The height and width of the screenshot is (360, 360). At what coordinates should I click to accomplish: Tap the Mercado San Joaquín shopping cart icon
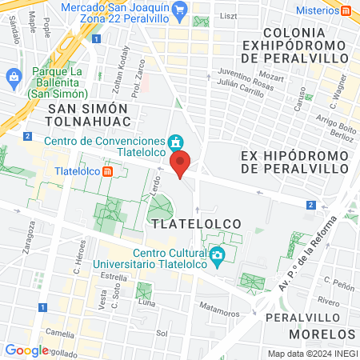[x=181, y=10]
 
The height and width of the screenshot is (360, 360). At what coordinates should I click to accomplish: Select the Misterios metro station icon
[x=346, y=10]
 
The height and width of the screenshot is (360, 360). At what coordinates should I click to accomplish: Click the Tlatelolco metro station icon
[x=119, y=170]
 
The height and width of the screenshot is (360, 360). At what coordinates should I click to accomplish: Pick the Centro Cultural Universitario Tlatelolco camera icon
[x=217, y=257]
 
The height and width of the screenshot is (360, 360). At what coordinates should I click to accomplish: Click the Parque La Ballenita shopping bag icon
[x=13, y=77]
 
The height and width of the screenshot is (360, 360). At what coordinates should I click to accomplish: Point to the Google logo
[x=26, y=350]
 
